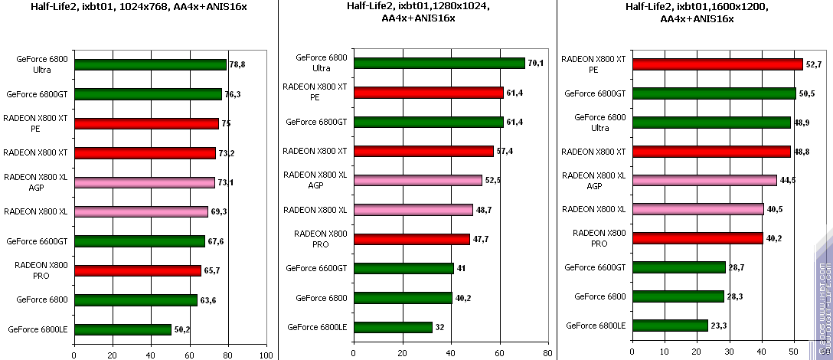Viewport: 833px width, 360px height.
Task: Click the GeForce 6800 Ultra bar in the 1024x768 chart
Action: click(x=151, y=65)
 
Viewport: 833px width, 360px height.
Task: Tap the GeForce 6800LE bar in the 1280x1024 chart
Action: click(x=392, y=327)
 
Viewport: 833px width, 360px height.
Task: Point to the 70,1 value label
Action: click(x=535, y=63)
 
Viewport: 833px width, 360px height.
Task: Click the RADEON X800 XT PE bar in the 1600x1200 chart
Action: click(x=717, y=64)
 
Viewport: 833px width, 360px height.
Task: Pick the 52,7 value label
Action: click(x=813, y=64)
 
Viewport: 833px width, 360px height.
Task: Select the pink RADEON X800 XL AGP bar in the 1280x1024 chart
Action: click(x=417, y=181)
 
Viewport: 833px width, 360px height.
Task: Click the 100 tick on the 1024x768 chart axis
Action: click(x=266, y=355)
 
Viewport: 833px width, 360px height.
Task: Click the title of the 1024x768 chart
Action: click(x=139, y=7)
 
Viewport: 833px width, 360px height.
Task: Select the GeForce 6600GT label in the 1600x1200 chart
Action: click(x=595, y=267)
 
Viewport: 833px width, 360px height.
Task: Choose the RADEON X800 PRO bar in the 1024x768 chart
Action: click(x=138, y=270)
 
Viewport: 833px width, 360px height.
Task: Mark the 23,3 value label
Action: click(x=719, y=326)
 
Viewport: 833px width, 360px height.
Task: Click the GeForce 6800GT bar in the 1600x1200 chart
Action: click(x=714, y=93)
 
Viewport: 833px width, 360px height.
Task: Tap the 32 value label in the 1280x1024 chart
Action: click(x=440, y=327)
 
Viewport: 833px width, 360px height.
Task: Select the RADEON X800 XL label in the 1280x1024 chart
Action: click(x=315, y=210)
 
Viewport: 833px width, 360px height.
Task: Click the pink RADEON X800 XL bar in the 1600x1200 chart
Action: click(x=697, y=209)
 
